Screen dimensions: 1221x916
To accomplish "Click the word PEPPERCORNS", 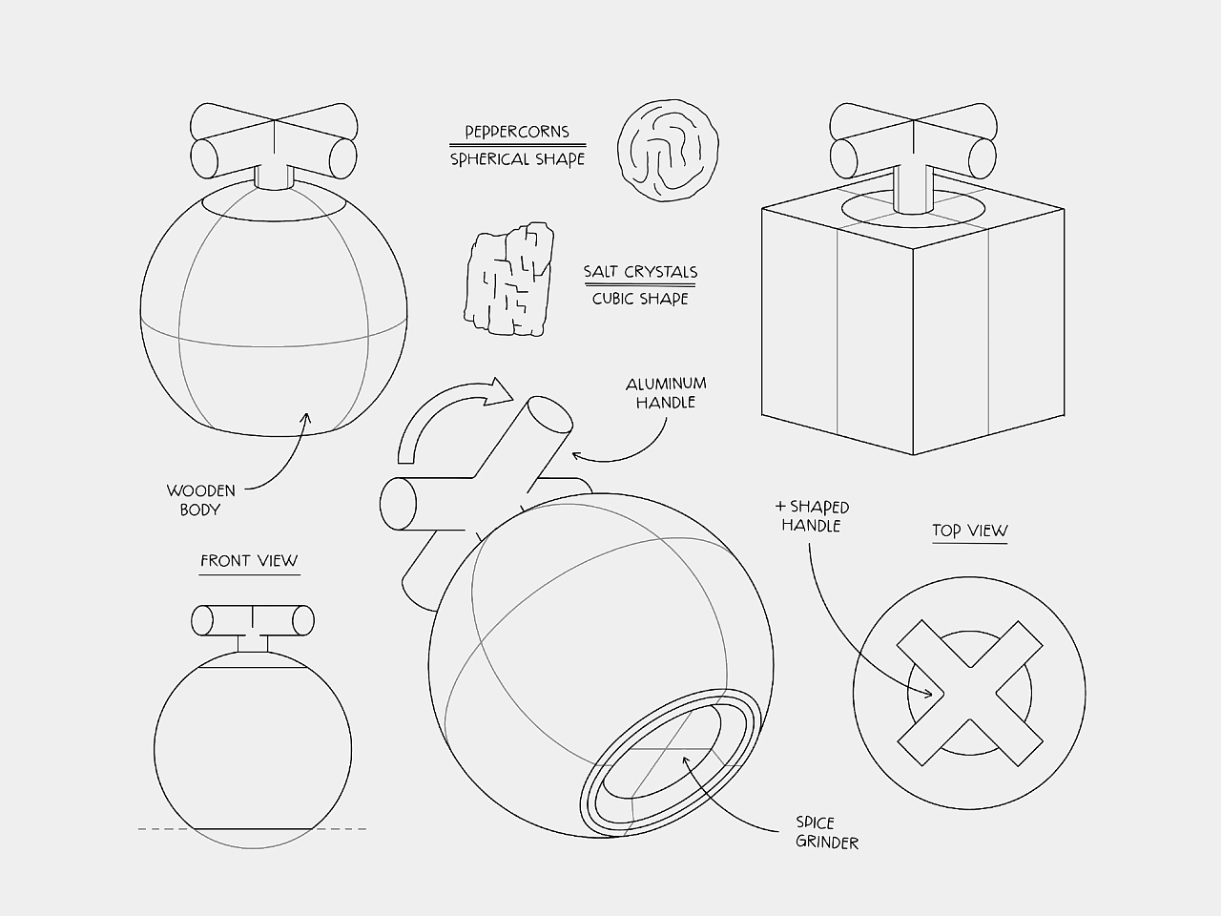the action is [517, 132].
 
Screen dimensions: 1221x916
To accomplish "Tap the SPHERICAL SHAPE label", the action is [517, 159].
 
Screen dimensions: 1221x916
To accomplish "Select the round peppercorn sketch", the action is [668, 150].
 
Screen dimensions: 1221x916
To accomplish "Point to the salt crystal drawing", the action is [509, 280].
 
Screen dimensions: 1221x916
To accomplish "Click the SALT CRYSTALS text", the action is [640, 272].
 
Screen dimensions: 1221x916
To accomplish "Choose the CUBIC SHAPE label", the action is [640, 300].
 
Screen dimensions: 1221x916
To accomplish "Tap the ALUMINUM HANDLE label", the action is [666, 393].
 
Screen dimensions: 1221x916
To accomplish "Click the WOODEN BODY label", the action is [201, 501].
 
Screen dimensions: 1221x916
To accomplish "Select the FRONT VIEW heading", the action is [249, 561].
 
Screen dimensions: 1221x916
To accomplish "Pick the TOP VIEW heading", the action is [969, 531].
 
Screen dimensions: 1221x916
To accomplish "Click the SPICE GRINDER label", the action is [827, 833].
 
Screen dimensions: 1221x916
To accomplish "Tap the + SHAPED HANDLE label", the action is [812, 516].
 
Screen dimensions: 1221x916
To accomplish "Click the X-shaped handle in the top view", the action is [969, 694].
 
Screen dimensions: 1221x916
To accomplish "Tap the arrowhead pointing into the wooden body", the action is [306, 417].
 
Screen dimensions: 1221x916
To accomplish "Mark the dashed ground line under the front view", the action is [252, 829].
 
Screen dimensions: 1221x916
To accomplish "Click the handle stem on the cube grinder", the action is [913, 189].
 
